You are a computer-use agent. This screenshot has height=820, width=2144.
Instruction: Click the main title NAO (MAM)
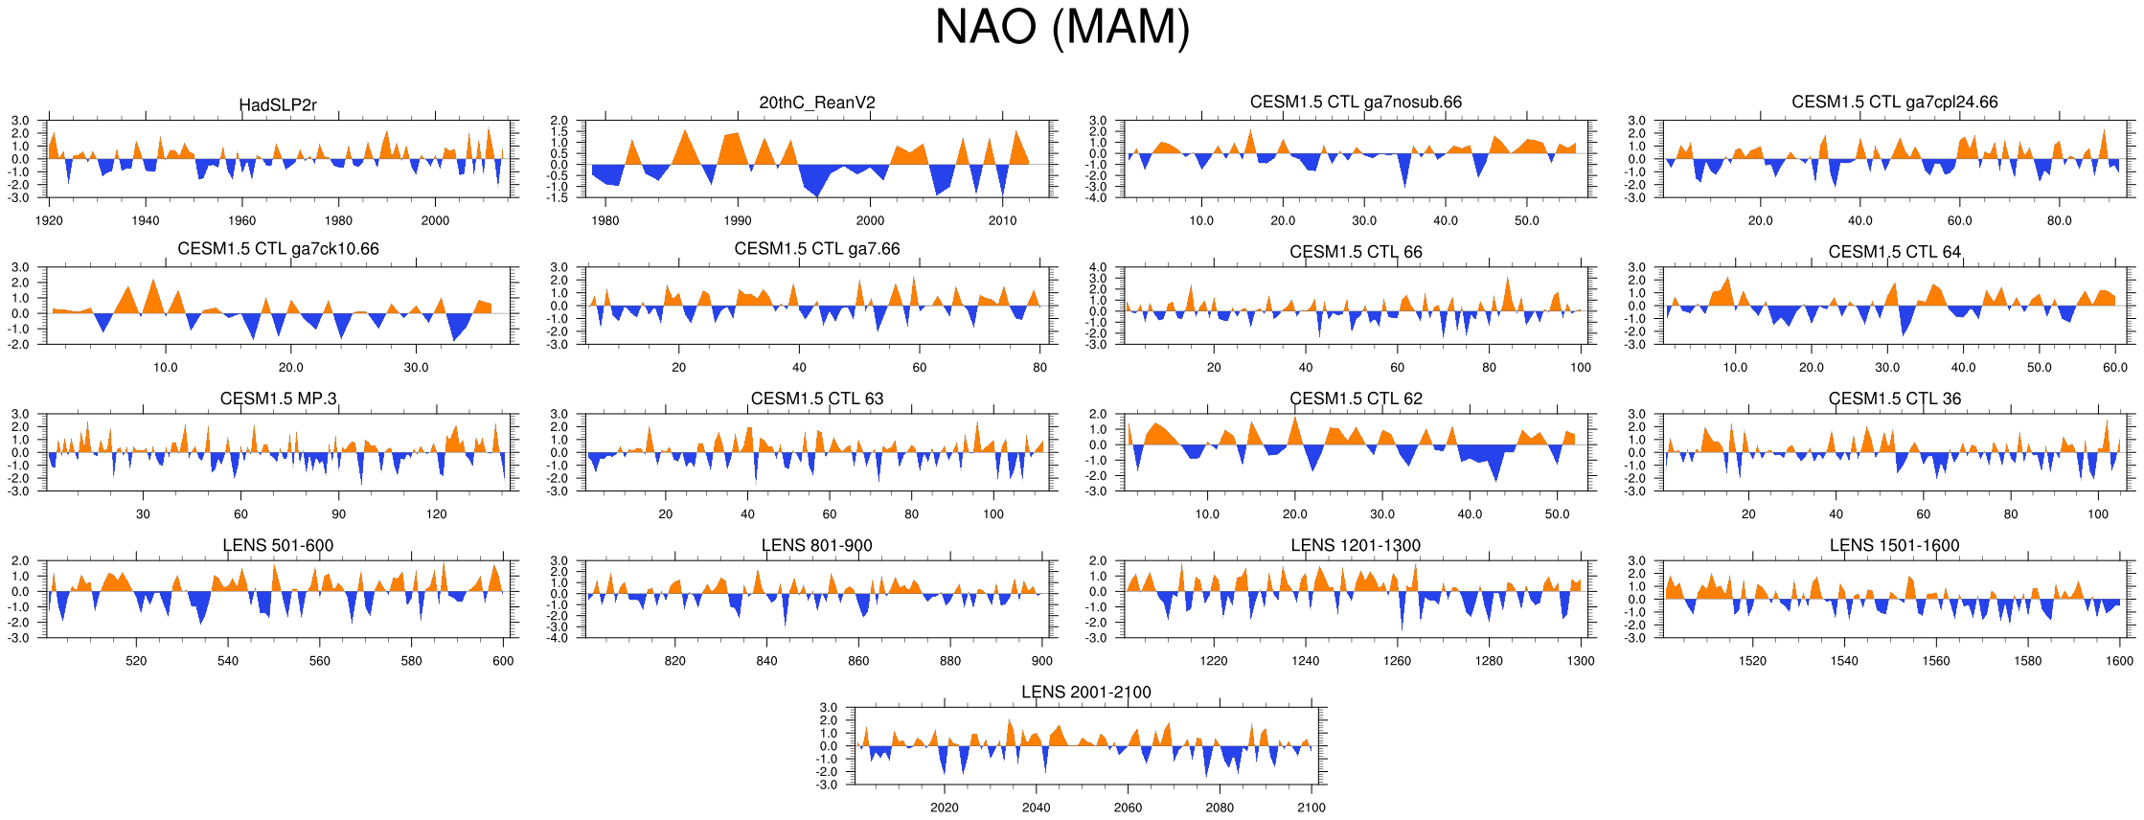[x=1061, y=28]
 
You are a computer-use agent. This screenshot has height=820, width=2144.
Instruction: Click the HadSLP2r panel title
[x=278, y=105]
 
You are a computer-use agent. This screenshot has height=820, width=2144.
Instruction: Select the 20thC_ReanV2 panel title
[x=817, y=102]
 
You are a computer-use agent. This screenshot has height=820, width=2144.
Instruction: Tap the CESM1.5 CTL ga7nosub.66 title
[x=1356, y=102]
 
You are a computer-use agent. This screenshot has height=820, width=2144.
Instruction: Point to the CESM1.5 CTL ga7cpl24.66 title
[x=1894, y=102]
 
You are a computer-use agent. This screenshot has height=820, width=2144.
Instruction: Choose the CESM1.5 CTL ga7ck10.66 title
[x=278, y=249]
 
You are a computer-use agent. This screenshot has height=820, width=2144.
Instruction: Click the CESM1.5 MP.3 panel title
[x=278, y=399]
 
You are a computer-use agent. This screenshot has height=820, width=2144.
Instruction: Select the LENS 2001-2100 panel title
[x=1085, y=693]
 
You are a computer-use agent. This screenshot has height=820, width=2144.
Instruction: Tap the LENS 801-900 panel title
[x=817, y=546]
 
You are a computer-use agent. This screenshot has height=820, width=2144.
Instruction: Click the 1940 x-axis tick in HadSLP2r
[x=146, y=221]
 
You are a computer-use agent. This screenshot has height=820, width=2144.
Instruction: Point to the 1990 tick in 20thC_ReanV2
[x=738, y=221]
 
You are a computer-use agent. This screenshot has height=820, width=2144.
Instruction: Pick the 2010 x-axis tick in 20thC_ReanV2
[x=1003, y=221]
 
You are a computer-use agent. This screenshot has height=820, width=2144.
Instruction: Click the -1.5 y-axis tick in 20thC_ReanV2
[x=559, y=197]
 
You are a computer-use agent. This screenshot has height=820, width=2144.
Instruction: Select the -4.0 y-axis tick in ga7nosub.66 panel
[x=1098, y=197]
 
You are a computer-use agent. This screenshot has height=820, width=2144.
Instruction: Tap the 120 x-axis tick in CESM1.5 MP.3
[x=437, y=514]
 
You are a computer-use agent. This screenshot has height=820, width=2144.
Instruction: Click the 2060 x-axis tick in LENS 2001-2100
[x=1128, y=808]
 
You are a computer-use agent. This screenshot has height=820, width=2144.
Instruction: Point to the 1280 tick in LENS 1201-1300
[x=1489, y=661]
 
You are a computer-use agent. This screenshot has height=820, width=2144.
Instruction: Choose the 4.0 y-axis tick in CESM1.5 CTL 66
[x=1098, y=267]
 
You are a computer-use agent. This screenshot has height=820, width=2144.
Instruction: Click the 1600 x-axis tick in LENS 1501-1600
[x=2119, y=661]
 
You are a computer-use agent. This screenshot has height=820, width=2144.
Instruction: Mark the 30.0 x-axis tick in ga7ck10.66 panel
[x=416, y=368]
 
